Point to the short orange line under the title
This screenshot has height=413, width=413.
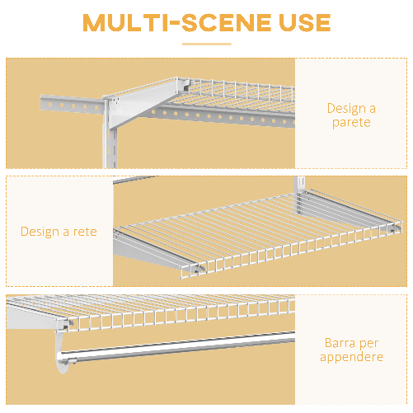tap(206, 45)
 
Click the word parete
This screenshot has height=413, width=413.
tap(351, 123)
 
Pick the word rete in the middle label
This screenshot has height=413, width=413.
tap(82, 232)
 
